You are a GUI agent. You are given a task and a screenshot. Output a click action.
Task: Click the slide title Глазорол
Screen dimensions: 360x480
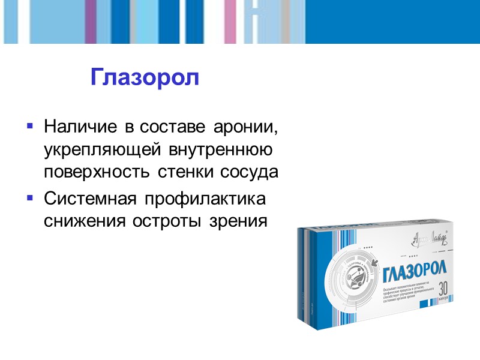click(x=144, y=77)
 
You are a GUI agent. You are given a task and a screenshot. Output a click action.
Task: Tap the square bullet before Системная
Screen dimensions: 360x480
click(x=29, y=197)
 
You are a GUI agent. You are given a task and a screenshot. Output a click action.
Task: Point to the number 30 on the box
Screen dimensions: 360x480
click(x=445, y=287)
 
